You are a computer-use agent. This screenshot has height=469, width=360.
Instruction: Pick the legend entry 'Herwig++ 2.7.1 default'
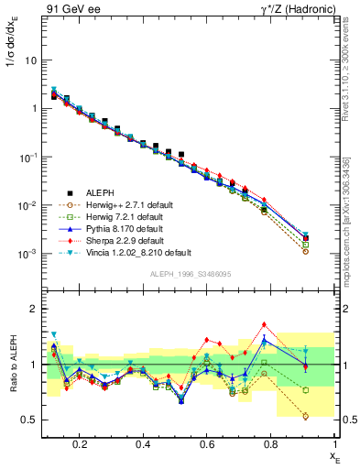139,205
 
